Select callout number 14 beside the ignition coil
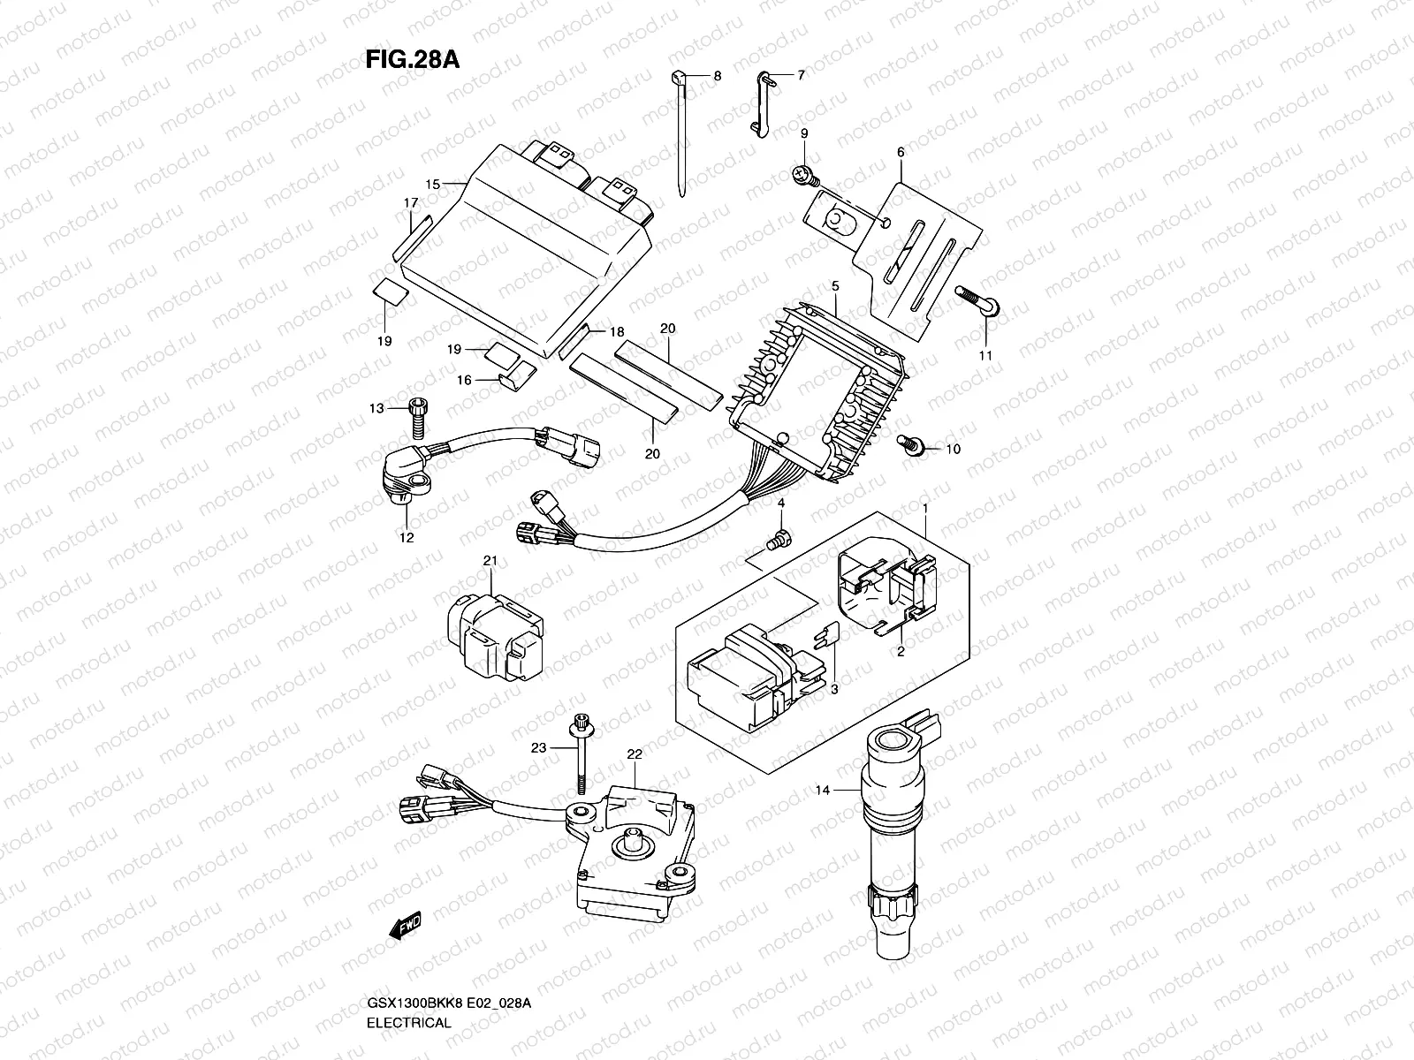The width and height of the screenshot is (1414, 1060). click(823, 791)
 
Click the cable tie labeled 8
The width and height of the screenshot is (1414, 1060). click(684, 132)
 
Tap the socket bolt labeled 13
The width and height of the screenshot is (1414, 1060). click(417, 419)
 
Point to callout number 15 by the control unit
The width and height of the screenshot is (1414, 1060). click(432, 185)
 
